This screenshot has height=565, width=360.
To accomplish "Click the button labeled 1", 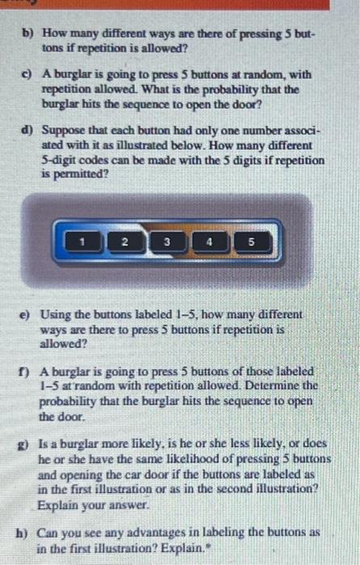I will coord(83,241).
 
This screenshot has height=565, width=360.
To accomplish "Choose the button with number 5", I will coord(251,241).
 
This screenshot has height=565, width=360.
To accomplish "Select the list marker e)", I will coord(29,315).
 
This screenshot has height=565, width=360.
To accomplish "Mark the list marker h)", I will coord(29,533).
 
